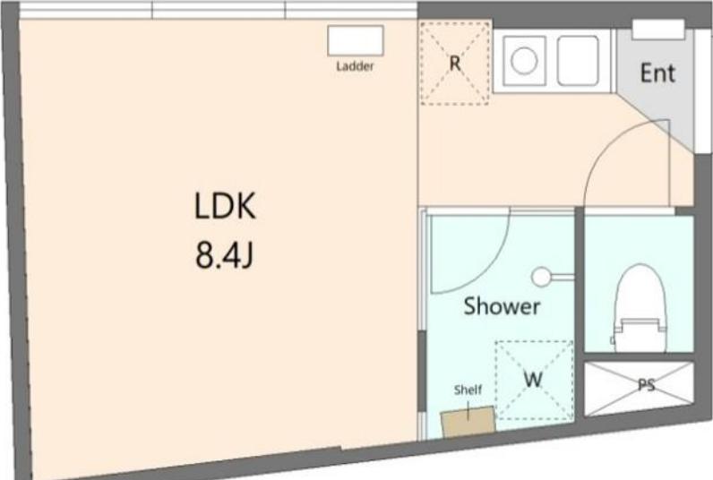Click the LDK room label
225,206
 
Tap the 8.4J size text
224,255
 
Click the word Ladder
355,66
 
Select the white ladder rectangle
356,41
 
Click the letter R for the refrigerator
455,64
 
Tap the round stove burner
524,61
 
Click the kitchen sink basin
578,61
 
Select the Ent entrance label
657,73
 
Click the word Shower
502,306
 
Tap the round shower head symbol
541,277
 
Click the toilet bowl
640,296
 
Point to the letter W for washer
533,379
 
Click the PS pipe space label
646,385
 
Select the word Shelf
468,390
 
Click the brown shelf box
468,422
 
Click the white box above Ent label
658,30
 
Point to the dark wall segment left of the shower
422,372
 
